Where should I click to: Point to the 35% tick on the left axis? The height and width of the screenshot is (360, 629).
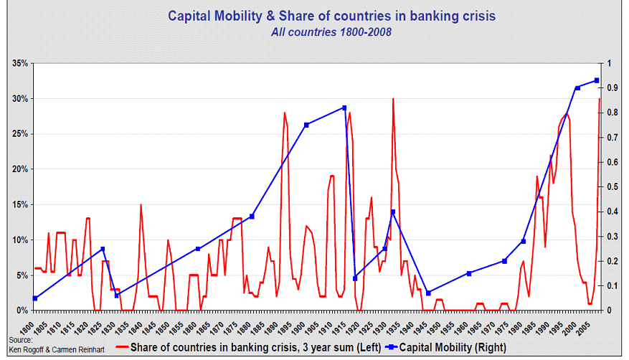[x=19, y=64]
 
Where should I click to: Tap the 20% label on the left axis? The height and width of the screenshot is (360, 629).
[x=19, y=169]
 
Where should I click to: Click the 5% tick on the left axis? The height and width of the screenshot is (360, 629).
[x=22, y=275]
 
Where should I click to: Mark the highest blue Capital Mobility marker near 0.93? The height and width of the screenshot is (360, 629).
[x=596, y=80]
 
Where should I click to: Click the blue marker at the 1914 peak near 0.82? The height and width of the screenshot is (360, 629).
[x=344, y=108]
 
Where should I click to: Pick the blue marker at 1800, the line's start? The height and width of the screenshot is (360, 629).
[x=35, y=298]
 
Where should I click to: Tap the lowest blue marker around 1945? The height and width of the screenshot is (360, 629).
[x=428, y=293]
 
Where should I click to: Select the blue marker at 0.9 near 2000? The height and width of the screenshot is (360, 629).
[x=577, y=88]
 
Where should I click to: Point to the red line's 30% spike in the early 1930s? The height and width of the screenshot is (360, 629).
[x=393, y=99]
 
